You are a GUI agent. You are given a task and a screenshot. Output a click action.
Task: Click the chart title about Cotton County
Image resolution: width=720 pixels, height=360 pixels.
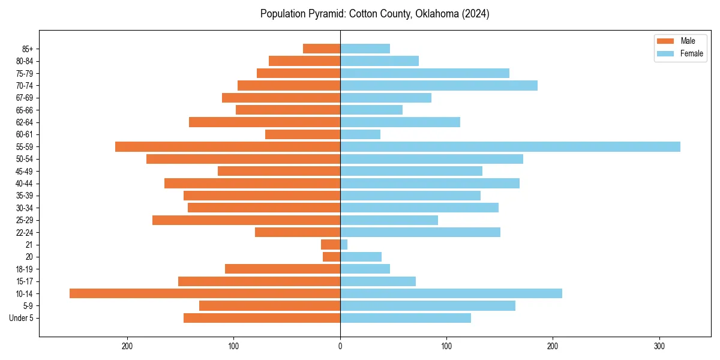374,14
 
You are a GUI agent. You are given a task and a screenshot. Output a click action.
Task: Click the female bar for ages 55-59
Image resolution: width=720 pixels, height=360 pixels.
510,146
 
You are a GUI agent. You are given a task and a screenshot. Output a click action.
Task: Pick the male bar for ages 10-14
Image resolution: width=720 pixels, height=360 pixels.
205,293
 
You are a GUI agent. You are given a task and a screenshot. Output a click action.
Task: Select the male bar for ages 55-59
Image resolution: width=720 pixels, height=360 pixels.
227,146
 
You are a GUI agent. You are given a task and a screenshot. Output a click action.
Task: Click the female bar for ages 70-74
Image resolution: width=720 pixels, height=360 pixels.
439,85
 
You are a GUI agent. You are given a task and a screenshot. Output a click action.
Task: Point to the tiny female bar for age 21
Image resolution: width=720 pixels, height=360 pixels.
344,244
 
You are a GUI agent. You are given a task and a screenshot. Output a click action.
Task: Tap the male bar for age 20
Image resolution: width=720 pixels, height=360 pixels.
331,257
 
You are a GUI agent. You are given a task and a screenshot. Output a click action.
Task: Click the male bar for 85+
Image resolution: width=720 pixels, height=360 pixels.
322,49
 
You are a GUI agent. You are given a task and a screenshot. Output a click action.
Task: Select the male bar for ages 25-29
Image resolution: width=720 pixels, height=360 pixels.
246,220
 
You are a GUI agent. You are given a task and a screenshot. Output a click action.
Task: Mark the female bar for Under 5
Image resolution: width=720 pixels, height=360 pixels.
406,318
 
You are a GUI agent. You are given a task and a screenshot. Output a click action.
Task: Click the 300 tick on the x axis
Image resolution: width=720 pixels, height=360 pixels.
659,346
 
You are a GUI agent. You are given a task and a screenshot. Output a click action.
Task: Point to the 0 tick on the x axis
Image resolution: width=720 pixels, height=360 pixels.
340,346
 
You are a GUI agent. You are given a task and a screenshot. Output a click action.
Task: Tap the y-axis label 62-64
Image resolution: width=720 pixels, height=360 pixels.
25,122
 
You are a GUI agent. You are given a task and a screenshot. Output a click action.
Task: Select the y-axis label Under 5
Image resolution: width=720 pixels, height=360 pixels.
22,318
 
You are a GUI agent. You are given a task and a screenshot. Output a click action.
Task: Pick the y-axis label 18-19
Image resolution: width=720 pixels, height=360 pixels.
25,269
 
